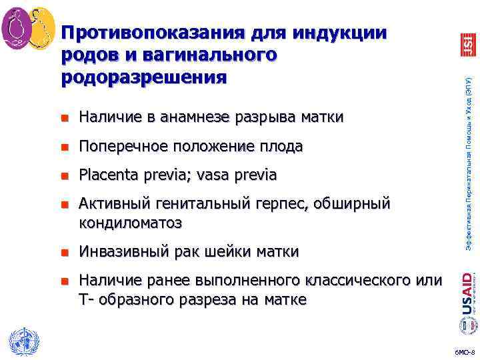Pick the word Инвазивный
click(x=124, y=252)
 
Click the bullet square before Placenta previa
click(x=65, y=176)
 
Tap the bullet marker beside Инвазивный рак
click(x=65, y=253)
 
